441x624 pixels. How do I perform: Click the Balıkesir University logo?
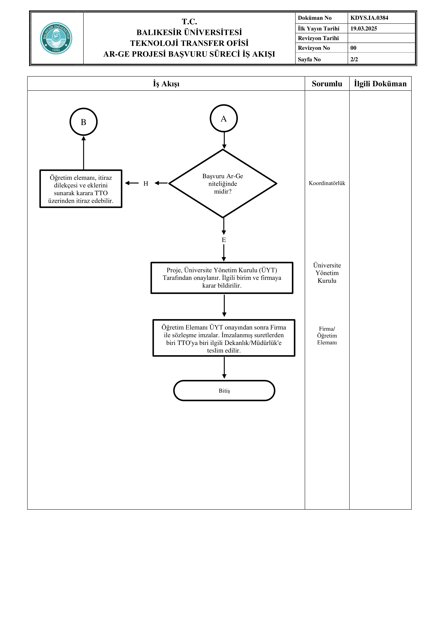click(x=56, y=38)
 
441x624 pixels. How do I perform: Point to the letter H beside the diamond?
click(x=146, y=184)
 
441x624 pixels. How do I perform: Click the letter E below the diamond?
click(x=224, y=240)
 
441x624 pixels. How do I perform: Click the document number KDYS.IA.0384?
click(x=369, y=18)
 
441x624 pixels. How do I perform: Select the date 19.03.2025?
click(x=364, y=29)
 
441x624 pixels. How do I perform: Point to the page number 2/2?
click(x=354, y=59)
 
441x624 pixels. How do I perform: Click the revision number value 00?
click(x=353, y=48)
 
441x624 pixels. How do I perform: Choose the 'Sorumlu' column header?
click(x=327, y=84)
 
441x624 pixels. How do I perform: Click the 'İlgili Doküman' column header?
click(x=380, y=84)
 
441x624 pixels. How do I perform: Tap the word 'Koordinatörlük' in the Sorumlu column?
click(x=327, y=183)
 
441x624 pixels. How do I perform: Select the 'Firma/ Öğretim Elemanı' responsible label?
click(x=327, y=336)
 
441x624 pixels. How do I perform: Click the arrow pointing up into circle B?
click(x=84, y=153)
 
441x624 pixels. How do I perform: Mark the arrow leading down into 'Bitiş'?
click(x=224, y=368)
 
